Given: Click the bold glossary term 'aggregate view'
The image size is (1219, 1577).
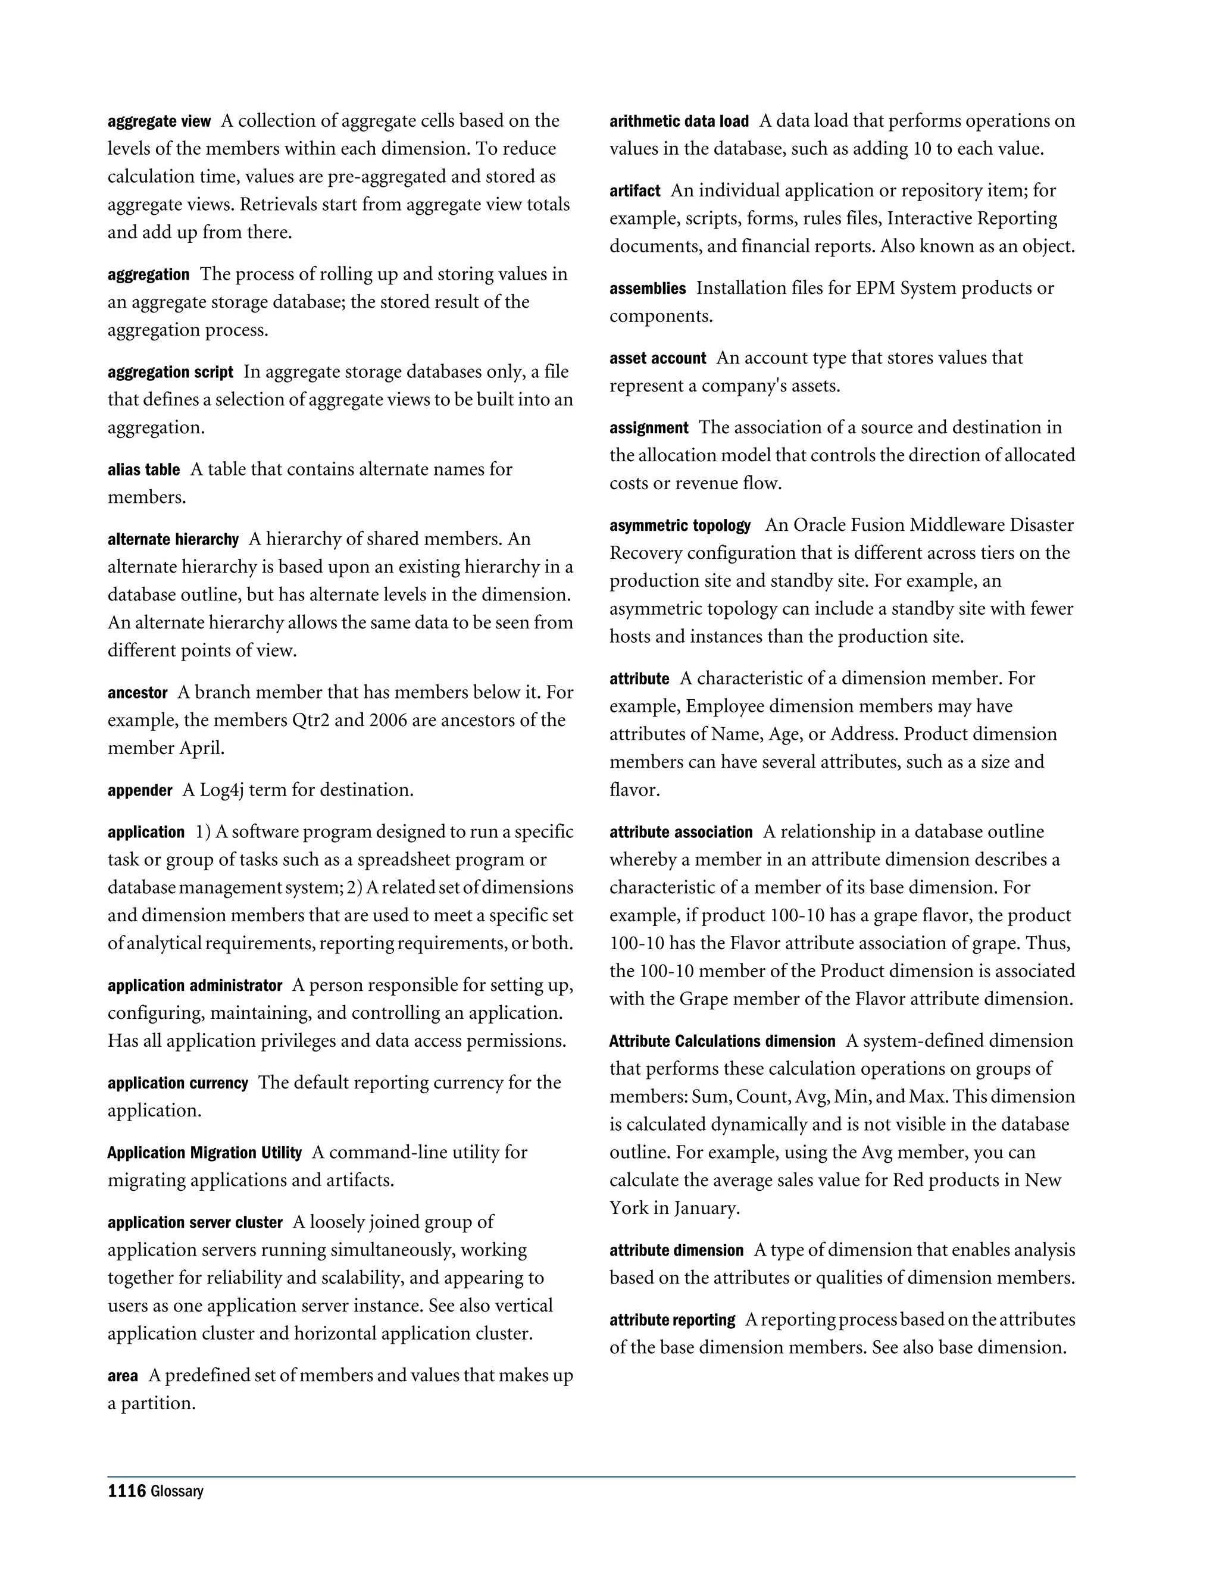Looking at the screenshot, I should [159, 121].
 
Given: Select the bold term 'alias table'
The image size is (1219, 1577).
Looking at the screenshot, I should [143, 470].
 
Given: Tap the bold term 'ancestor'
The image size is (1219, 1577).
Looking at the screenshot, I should [137, 693].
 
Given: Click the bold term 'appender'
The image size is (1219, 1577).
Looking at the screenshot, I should [140, 791].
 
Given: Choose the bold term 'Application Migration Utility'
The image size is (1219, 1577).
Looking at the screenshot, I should [204, 1153].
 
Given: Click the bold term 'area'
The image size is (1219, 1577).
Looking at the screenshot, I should [123, 1376].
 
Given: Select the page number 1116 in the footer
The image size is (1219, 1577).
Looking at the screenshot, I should [126, 1491].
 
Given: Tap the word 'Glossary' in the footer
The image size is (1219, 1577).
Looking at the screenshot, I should [177, 1492].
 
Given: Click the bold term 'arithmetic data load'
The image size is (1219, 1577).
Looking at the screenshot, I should [679, 121].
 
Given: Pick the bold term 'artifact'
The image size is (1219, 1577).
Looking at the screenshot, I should [634, 192].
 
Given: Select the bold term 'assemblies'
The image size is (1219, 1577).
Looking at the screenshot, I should [648, 289].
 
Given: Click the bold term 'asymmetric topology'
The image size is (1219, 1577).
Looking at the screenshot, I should [680, 525].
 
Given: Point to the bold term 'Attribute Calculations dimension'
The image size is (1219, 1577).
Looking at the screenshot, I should [722, 1042].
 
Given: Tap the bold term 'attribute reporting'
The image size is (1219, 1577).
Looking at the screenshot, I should [673, 1321].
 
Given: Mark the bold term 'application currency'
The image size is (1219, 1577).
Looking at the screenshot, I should [177, 1084].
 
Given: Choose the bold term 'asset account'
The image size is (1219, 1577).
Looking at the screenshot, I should [658, 359].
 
